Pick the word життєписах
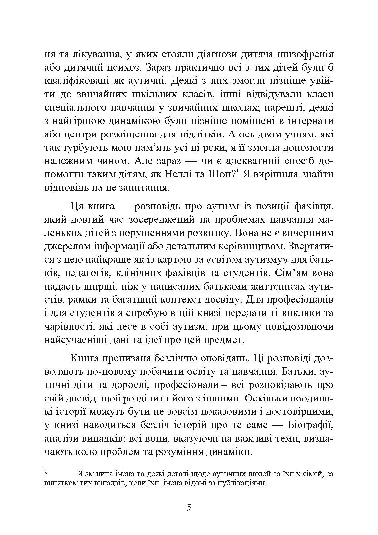[272, 287]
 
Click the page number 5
[189, 508]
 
